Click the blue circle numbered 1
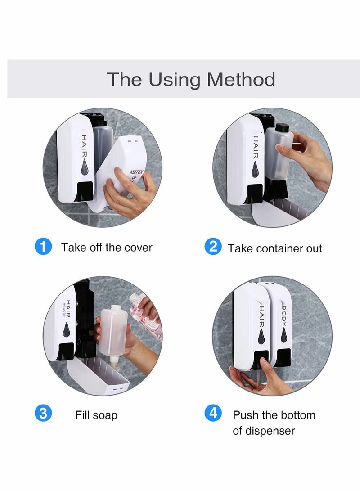[x=43, y=247]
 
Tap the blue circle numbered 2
[x=213, y=247]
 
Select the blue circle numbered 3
[x=43, y=413]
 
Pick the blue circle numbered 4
[x=213, y=413]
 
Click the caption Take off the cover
[x=107, y=248]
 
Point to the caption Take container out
[x=274, y=248]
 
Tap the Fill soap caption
[x=96, y=415]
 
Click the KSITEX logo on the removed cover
[x=136, y=171]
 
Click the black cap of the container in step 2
[x=281, y=128]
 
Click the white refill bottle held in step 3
[x=112, y=333]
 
